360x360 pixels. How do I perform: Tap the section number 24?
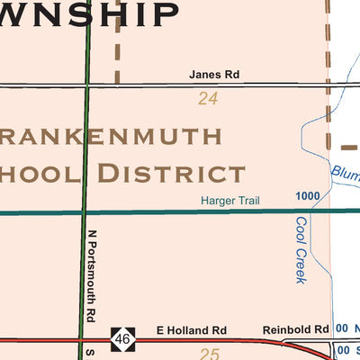208,99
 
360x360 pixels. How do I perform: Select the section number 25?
209,354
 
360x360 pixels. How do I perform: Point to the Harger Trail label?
230,201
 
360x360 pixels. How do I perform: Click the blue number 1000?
307,196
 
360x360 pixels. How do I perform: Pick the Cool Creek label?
301,249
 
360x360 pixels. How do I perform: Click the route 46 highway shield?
122,339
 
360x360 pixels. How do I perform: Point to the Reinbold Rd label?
295,330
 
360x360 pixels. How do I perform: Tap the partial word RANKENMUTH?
112,137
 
